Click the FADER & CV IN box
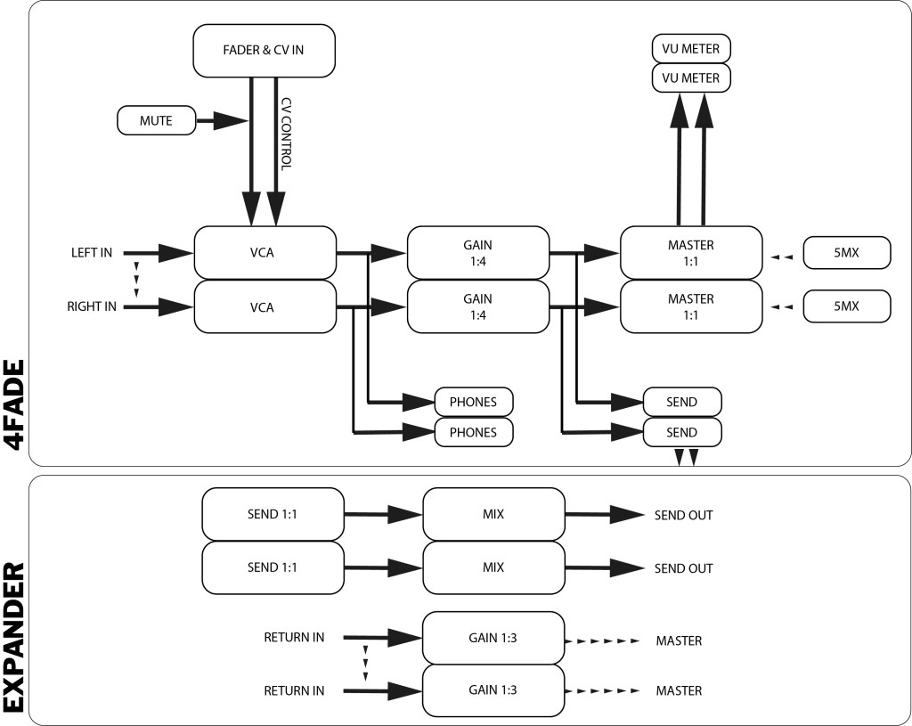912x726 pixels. [264, 50]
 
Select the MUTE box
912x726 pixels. [156, 120]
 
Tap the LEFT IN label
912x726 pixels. [92, 253]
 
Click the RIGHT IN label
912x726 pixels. [91, 307]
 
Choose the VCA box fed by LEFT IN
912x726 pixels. [265, 253]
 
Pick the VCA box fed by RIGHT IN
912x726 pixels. [265, 307]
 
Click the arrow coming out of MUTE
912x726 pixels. [223, 120]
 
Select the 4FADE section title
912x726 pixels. [15, 405]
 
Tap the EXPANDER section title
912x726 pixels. [15, 637]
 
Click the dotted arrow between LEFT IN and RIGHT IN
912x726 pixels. [136, 280]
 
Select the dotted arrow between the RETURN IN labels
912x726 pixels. [365, 664]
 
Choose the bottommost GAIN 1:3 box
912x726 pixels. [493, 690]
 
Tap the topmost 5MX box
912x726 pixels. [847, 254]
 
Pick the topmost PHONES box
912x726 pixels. [473, 402]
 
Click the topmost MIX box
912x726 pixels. [493, 515]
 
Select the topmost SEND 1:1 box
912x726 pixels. [273, 515]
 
